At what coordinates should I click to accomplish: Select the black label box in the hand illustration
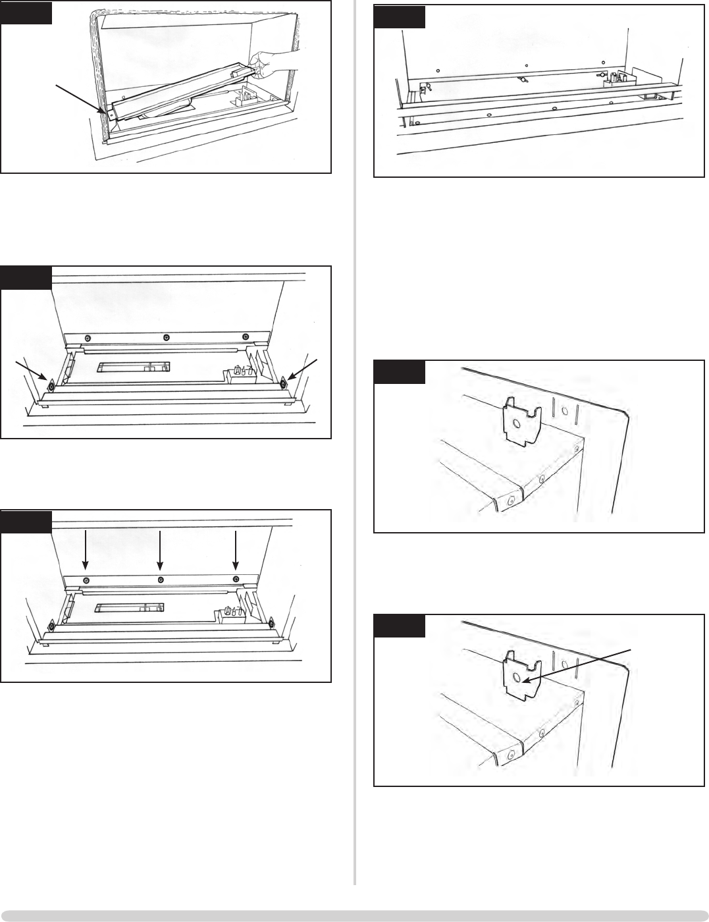26,13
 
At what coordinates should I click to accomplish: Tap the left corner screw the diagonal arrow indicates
49,385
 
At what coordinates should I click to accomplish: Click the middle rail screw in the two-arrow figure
166,338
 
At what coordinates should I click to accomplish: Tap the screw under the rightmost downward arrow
236,580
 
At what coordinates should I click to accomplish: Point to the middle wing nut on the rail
523,80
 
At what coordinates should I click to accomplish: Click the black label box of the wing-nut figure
400,17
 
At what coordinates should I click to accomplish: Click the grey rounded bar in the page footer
354,915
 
